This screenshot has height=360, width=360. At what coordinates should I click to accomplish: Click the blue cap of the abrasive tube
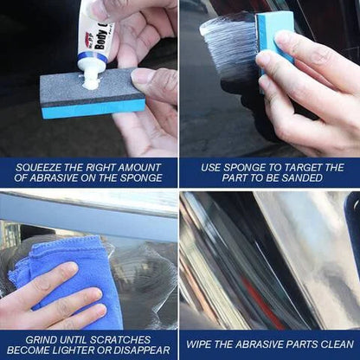tap(90, 60)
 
